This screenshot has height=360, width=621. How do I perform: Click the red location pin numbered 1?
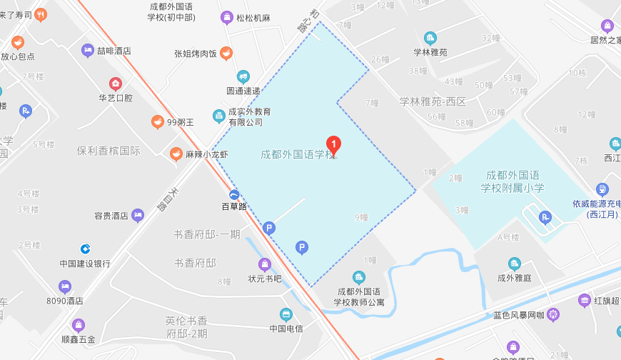click(x=333, y=144)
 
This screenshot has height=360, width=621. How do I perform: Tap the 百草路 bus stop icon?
click(x=233, y=195)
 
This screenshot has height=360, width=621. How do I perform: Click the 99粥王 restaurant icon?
click(x=157, y=122)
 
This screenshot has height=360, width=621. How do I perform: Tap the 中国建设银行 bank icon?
click(x=85, y=249)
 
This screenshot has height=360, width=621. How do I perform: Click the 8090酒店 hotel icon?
click(x=66, y=286)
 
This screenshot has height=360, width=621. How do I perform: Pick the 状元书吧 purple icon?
click(x=265, y=264)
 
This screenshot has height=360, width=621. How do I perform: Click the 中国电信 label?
click(x=286, y=329)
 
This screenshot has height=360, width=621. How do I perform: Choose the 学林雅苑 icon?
click(x=430, y=37)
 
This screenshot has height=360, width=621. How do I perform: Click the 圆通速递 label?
click(x=243, y=90)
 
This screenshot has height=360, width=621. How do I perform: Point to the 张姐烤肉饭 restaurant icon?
click(x=226, y=53)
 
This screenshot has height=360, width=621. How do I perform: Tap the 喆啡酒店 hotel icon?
click(x=87, y=50)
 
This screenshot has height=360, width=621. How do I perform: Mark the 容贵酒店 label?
click(x=111, y=215)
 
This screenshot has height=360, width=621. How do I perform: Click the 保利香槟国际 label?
click(x=108, y=151)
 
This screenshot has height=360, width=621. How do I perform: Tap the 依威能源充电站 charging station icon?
click(x=602, y=189)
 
